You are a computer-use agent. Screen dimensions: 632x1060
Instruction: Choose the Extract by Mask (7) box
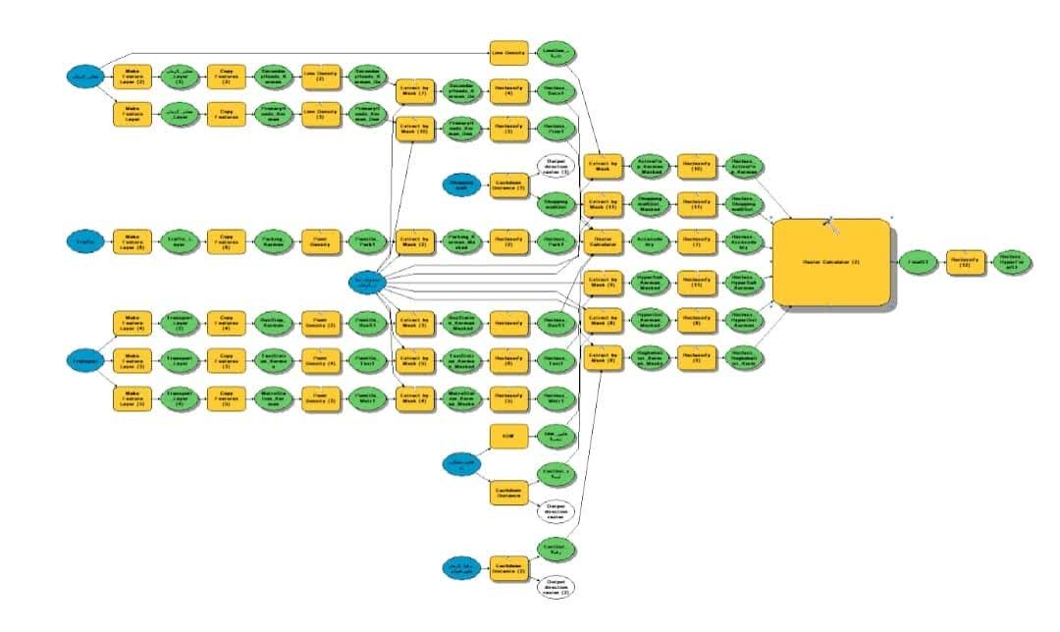pos(413,91)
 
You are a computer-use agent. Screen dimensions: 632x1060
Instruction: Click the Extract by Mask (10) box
pos(413,130)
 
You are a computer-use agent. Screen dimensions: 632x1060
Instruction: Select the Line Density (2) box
pos(320,75)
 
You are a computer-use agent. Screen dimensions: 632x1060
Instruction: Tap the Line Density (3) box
pos(320,113)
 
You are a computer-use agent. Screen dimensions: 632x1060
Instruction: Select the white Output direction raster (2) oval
pos(556,587)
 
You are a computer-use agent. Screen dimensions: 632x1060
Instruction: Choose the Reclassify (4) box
pos(508,91)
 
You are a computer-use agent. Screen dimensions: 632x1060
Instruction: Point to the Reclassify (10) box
pos(696,166)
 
